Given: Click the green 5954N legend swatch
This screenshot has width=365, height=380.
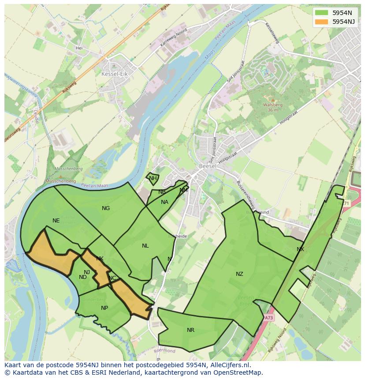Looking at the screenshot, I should point(322,13).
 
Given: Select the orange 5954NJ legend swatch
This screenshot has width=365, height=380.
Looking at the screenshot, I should point(322,22).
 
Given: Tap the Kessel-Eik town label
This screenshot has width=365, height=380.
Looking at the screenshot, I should point(114,74).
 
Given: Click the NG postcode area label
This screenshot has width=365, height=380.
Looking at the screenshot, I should point(106,208).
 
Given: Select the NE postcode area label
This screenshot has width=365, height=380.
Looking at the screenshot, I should point(56,221).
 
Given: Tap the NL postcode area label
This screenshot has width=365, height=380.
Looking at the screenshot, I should point(145,246).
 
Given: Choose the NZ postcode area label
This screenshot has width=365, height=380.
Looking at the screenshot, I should point(239,274).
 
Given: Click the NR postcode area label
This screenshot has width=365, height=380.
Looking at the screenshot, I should point(190,330).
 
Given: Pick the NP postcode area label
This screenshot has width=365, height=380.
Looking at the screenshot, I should point(104,308).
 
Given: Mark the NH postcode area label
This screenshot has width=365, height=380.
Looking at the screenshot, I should point(153,178).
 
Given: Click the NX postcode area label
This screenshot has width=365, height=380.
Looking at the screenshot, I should point(300,249).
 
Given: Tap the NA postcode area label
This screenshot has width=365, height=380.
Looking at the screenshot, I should point(164,202).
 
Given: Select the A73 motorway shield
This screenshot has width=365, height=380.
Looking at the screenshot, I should point(269,317).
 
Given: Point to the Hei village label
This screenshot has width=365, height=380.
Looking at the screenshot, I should point(79,48).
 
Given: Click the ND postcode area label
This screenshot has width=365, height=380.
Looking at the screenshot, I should point(83,277).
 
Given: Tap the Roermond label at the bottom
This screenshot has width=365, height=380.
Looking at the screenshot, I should point(164,351).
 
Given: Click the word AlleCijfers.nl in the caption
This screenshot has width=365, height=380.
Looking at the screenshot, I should point(229,365).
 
